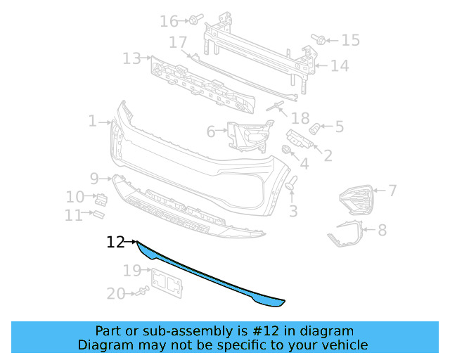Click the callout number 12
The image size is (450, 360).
tap(115, 243)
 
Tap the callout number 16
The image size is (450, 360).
tap(169, 21)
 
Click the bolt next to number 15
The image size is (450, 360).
tap(319, 41)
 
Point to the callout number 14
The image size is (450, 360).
tap(340, 66)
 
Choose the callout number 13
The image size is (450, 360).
tap(131, 58)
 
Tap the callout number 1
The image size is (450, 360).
tap(93, 122)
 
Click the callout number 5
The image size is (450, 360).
tap(339, 127)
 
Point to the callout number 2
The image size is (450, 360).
tap(328, 155)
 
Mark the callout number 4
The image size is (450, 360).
tap(304, 165)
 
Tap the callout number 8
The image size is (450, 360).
tap(382, 230)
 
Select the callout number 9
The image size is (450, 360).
tap(94, 178)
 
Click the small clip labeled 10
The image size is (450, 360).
tap(101, 198)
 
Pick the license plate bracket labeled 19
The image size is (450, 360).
tap(167, 282)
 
